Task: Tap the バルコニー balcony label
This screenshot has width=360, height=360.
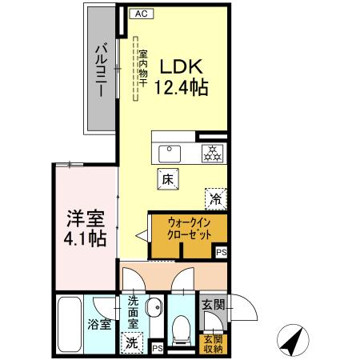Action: click(100, 70)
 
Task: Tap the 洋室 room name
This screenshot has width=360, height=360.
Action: click(86, 218)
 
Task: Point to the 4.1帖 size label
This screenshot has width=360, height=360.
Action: click(86, 238)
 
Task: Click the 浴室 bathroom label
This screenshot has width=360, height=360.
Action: click(99, 326)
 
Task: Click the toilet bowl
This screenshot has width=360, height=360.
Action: click(182, 329)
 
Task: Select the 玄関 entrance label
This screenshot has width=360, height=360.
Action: click(213, 305)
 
